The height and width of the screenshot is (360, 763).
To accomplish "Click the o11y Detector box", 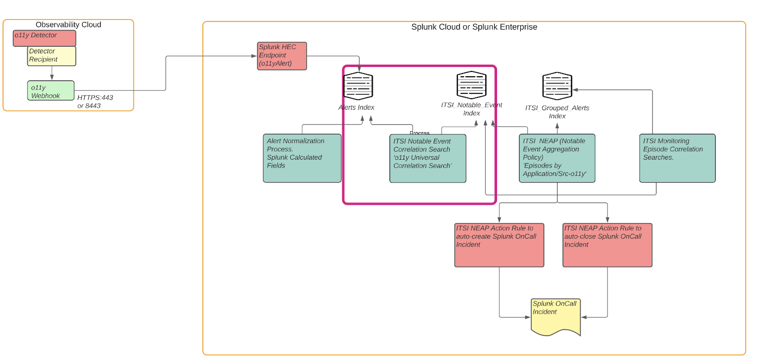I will coord(44,38).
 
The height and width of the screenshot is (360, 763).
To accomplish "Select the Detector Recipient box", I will coord(52,56).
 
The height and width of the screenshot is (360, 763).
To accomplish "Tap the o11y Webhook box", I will coord(51,91).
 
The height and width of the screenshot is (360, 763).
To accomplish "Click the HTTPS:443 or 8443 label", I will coord(95,102).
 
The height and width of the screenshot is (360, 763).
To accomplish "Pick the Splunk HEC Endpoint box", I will coord(282,56).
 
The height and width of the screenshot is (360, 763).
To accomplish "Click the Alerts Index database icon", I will coord(358,86).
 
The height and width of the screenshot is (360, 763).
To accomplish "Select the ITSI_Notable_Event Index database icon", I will coord(471,85).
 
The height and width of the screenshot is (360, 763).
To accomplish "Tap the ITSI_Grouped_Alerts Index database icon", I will coord(557,86).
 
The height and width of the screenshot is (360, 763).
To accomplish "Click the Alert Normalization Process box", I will coord(302,158).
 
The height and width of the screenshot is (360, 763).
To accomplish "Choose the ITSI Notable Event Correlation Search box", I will coord(427,158).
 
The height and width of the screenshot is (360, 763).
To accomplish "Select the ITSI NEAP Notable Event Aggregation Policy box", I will coord(557,158).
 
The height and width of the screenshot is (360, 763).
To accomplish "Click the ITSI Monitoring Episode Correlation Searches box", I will coord(677,158).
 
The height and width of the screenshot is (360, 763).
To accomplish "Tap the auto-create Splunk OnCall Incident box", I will coord(499,245).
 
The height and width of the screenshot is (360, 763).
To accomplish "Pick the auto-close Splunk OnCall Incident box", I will coord(607,245).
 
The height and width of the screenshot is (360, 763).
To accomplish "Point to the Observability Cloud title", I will coord(68,25).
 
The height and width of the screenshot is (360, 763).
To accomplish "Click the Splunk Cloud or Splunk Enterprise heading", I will coord(474,27).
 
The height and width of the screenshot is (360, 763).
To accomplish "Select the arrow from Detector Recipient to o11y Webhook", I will coord(52,73).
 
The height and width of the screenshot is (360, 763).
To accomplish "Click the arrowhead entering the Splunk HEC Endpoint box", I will coord(254,56).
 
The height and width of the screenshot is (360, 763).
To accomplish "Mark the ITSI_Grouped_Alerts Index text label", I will coord(557,112).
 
